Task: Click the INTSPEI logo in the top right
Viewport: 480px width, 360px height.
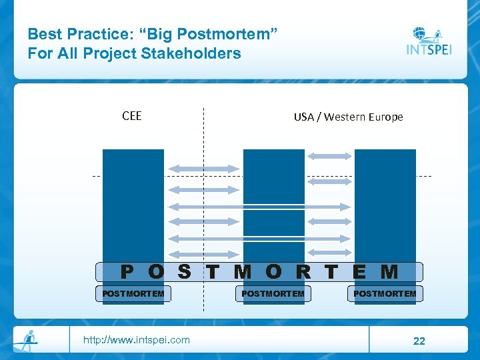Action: [x=429, y=42]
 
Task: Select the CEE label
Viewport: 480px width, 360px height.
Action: [x=132, y=116]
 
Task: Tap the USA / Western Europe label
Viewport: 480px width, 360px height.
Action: [x=348, y=117]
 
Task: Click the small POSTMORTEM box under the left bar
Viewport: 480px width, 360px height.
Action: [x=133, y=293]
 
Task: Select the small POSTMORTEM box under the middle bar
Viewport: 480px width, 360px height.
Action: [x=273, y=293]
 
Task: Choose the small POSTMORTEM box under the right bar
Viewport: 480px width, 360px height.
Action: [x=385, y=293]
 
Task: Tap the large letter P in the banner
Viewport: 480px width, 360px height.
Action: [x=127, y=272]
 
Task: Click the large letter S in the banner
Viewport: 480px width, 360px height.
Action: [x=185, y=272]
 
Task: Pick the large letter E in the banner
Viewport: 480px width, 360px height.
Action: [x=359, y=272]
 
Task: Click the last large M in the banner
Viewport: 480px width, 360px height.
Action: [x=389, y=272]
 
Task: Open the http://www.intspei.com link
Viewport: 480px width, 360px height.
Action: [x=136, y=340]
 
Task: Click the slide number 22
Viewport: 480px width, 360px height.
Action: [x=419, y=341]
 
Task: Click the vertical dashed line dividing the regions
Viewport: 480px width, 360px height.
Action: [x=203, y=133]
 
